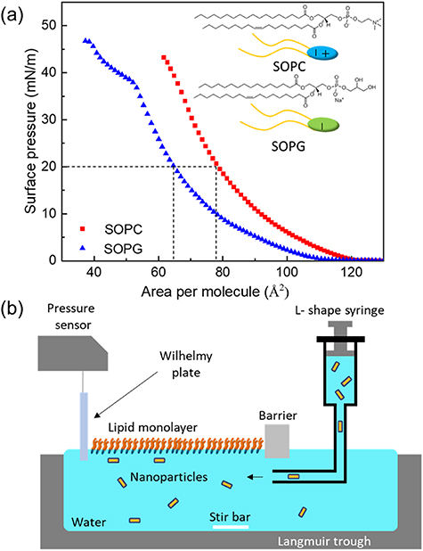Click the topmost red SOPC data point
point(164,57)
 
